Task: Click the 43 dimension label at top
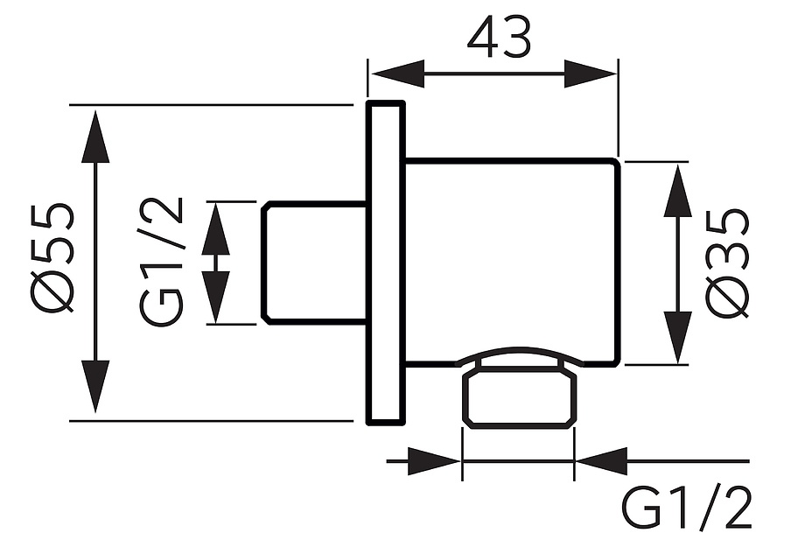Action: [499, 39]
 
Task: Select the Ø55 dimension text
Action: [52, 258]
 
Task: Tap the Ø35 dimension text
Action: [727, 263]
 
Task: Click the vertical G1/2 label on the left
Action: [161, 262]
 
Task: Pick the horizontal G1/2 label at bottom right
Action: [686, 508]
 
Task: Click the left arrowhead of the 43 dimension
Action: [398, 74]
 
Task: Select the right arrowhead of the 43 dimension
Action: [591, 74]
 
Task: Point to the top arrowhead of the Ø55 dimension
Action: [95, 136]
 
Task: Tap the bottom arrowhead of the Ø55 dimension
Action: [95, 387]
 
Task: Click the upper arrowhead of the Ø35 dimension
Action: [677, 191]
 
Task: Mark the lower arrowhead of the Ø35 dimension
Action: [677, 337]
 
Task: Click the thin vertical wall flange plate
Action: [386, 263]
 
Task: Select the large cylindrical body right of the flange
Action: [513, 263]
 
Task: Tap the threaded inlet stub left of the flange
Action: [314, 263]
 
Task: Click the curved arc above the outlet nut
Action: [520, 351]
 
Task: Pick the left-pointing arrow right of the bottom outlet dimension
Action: [602, 461]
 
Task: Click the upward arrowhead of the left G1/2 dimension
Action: [215, 229]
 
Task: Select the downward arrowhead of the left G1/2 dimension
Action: [215, 297]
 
